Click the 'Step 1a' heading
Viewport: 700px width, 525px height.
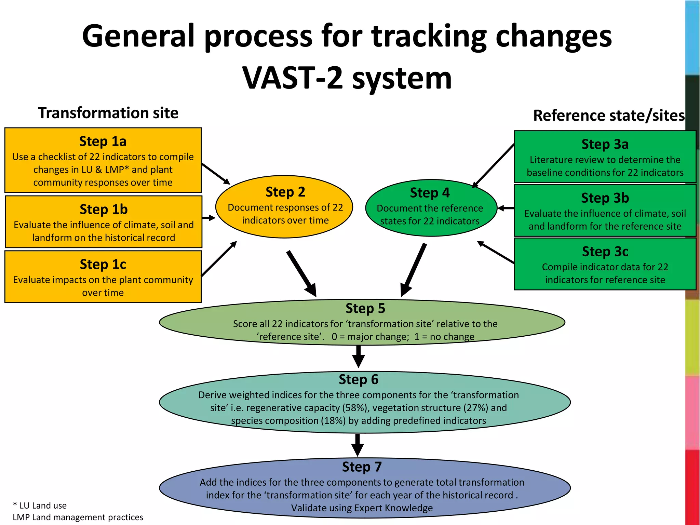tap(103, 141)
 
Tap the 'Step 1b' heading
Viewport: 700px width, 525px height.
tap(104, 209)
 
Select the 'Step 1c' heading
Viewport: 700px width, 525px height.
tap(103, 264)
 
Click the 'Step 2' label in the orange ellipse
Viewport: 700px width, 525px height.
tap(285, 192)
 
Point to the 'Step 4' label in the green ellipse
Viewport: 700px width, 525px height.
tap(430, 193)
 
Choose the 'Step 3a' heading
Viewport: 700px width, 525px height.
tap(605, 144)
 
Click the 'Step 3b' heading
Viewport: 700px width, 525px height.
tap(605, 198)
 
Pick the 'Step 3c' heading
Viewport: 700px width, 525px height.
tap(605, 252)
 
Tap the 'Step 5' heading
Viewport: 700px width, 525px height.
tap(365, 308)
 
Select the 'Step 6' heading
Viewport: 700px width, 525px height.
tap(359, 379)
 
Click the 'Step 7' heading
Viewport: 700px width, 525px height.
tap(362, 467)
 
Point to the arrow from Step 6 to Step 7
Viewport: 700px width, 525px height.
tap(358, 445)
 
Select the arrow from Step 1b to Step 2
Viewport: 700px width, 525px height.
tap(209, 218)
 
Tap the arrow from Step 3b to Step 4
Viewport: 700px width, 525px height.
tap(506, 208)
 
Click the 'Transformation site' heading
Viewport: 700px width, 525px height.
tap(108, 113)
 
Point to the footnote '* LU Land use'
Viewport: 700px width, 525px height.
tap(40, 506)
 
